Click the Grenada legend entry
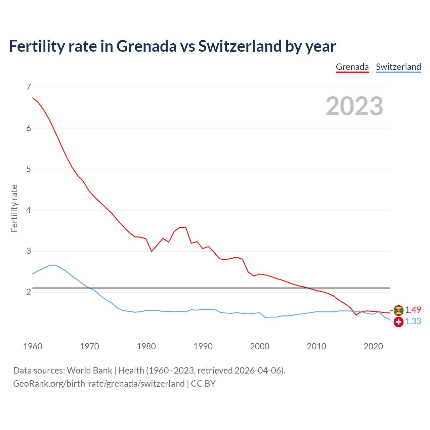[x=352, y=67]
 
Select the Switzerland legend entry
[x=398, y=67]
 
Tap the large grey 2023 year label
[x=354, y=106]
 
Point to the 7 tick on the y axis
[x=29, y=87]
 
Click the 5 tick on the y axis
[x=29, y=169]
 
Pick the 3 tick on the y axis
[x=29, y=251]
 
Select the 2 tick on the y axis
[x=29, y=292]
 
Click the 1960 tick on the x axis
[x=33, y=346]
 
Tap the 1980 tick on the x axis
[x=146, y=346]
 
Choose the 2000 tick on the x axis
[x=260, y=346]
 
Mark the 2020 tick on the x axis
[x=373, y=346]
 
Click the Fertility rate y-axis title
[x=14, y=208]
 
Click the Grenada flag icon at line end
[x=398, y=310]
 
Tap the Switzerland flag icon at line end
[x=398, y=322]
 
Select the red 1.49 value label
[x=413, y=310]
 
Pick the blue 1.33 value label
[x=413, y=321]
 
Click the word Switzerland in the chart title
[x=240, y=46]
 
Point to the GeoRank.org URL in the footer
[x=99, y=384]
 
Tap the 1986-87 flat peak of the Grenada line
[x=183, y=227]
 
